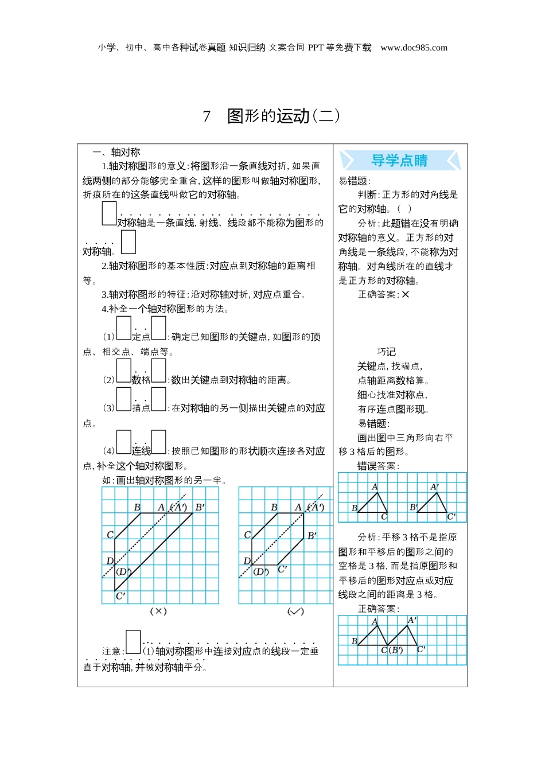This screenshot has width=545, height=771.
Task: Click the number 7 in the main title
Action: click(x=207, y=116)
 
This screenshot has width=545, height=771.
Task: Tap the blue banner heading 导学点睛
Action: click(x=399, y=161)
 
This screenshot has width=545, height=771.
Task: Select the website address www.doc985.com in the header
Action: click(x=414, y=48)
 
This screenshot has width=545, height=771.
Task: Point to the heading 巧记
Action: click(x=386, y=352)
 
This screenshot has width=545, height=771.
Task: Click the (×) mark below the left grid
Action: click(x=158, y=612)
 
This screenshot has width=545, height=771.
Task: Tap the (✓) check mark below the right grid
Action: click(x=295, y=612)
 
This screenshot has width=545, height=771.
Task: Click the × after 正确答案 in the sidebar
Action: click(x=406, y=294)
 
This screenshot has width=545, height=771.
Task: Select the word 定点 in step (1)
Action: click(x=141, y=337)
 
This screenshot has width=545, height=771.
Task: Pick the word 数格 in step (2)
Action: click(x=141, y=380)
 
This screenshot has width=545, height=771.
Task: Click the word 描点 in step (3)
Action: click(x=141, y=408)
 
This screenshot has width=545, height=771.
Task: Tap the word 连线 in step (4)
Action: click(x=141, y=451)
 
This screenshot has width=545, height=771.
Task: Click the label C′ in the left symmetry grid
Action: click(x=120, y=596)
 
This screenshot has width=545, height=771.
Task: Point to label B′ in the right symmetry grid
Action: click(x=312, y=536)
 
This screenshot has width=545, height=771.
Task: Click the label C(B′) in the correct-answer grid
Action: click(x=392, y=650)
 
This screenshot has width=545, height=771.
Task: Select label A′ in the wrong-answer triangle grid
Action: click(x=435, y=487)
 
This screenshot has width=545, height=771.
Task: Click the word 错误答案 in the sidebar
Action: click(x=377, y=466)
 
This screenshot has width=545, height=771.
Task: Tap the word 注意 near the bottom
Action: click(x=111, y=651)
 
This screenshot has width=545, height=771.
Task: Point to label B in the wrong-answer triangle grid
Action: click(x=354, y=508)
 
